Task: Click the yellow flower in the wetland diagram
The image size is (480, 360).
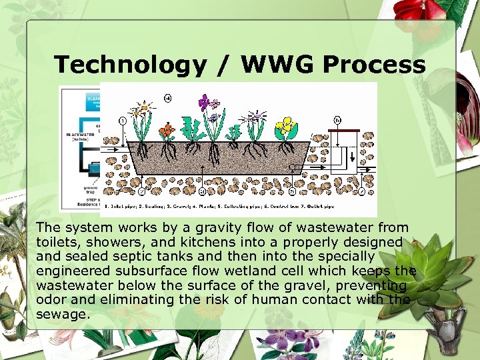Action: tap(286, 125)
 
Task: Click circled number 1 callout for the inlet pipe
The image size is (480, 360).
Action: tap(123, 121)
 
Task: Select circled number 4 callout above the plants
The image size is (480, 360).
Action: tap(167, 98)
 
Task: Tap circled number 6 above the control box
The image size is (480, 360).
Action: tap(338, 120)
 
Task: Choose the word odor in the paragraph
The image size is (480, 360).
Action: tap(51, 299)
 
